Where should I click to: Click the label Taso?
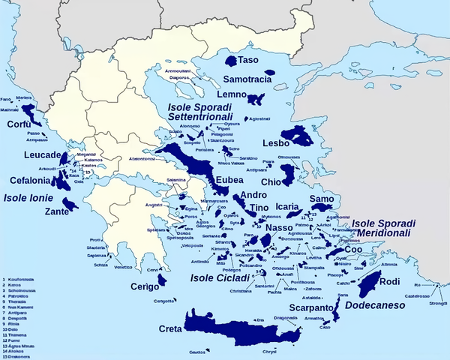click(248, 59)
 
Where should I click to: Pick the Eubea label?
click(229, 181)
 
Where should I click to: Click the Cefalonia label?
click(31, 181)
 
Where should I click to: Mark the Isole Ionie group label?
click(28, 198)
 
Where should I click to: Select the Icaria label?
click(289, 205)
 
